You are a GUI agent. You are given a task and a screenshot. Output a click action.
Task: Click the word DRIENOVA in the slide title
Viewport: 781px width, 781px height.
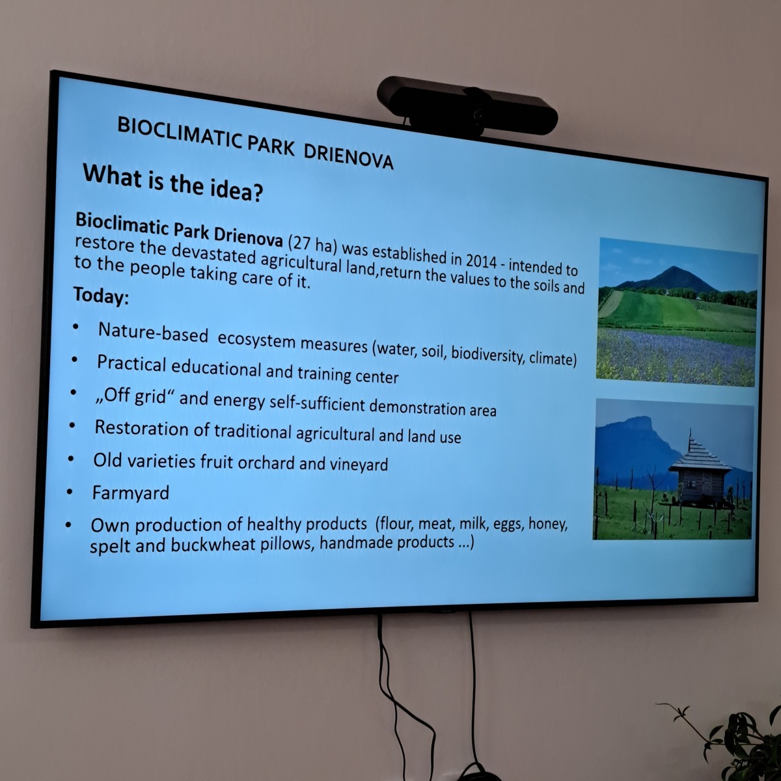349,156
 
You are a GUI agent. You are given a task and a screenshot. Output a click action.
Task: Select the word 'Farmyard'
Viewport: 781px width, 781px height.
131,493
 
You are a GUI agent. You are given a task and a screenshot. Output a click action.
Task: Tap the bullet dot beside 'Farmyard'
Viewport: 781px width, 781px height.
69,492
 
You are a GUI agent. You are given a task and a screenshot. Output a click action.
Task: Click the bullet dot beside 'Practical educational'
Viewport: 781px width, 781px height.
74,359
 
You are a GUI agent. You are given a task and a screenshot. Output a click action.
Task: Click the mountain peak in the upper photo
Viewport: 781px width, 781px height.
673,268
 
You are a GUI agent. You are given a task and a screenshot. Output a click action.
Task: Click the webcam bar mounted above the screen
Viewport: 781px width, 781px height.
467,106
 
